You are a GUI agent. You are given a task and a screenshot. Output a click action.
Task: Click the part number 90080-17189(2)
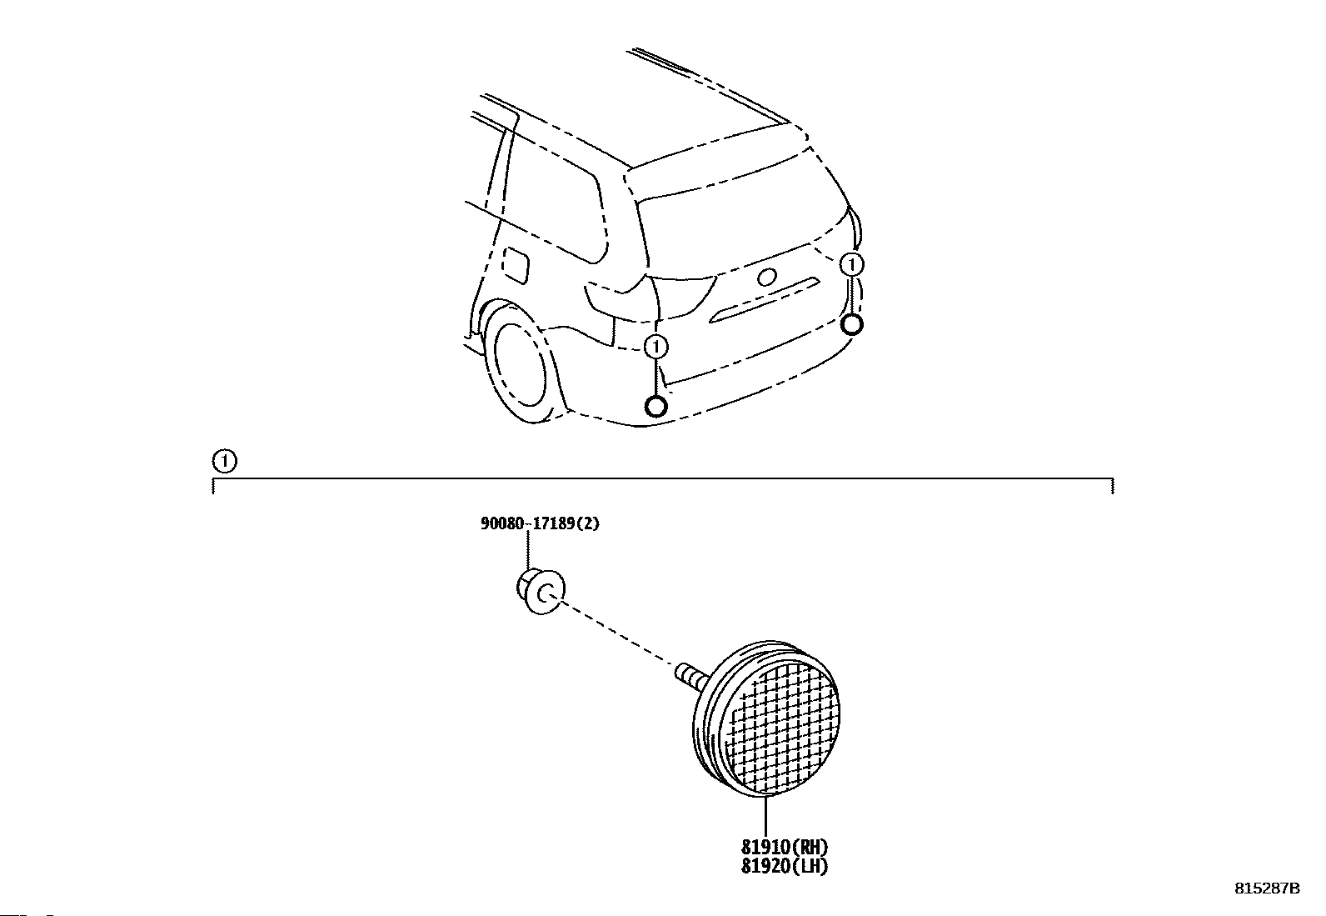(x=539, y=524)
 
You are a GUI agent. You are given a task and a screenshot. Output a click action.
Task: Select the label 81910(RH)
(x=784, y=848)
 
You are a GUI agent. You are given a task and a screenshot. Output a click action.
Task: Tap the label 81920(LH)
(x=784, y=867)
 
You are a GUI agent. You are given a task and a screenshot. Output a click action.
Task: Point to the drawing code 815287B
(x=1266, y=888)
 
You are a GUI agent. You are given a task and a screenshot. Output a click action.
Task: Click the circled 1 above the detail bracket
(x=224, y=460)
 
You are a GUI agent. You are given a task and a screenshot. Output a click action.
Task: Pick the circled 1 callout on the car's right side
(x=851, y=264)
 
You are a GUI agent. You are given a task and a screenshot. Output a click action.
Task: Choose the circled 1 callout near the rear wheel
(x=656, y=346)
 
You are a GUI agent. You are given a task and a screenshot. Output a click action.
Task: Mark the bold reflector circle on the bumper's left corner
(x=656, y=406)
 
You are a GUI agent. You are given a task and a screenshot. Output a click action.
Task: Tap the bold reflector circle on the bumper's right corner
(x=851, y=324)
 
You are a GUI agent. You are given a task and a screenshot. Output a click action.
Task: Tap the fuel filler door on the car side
(x=516, y=264)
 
